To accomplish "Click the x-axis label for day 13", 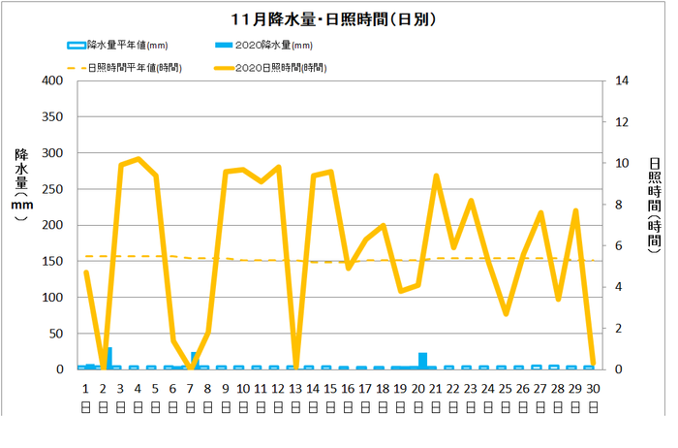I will click(x=295, y=388).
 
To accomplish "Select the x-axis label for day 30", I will click(x=593, y=388).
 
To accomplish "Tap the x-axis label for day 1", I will click(x=85, y=388).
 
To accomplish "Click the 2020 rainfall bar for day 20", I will click(x=422, y=361).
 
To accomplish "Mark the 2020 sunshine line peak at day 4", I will click(x=139, y=159).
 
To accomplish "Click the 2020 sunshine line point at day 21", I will click(x=436, y=176).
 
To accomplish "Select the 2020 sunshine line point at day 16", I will click(x=348, y=268).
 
